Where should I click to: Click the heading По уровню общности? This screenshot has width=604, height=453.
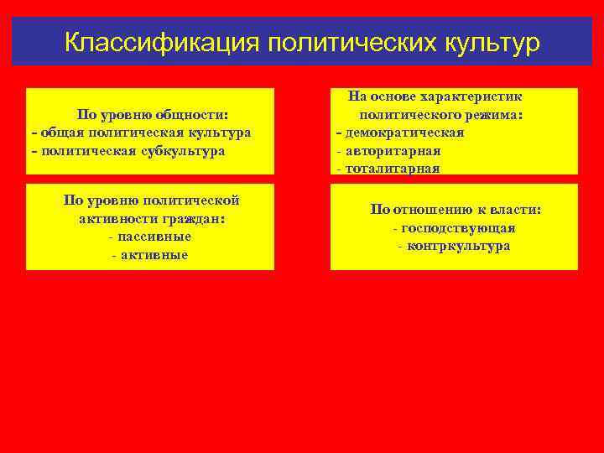153,114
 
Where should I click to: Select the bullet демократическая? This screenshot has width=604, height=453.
400,133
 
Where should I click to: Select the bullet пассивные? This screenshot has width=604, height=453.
150,237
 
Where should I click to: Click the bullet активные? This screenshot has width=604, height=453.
150,255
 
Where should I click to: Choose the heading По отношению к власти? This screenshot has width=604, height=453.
456,209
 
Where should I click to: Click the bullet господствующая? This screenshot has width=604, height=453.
454,228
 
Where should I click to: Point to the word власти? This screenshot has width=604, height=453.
518,209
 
